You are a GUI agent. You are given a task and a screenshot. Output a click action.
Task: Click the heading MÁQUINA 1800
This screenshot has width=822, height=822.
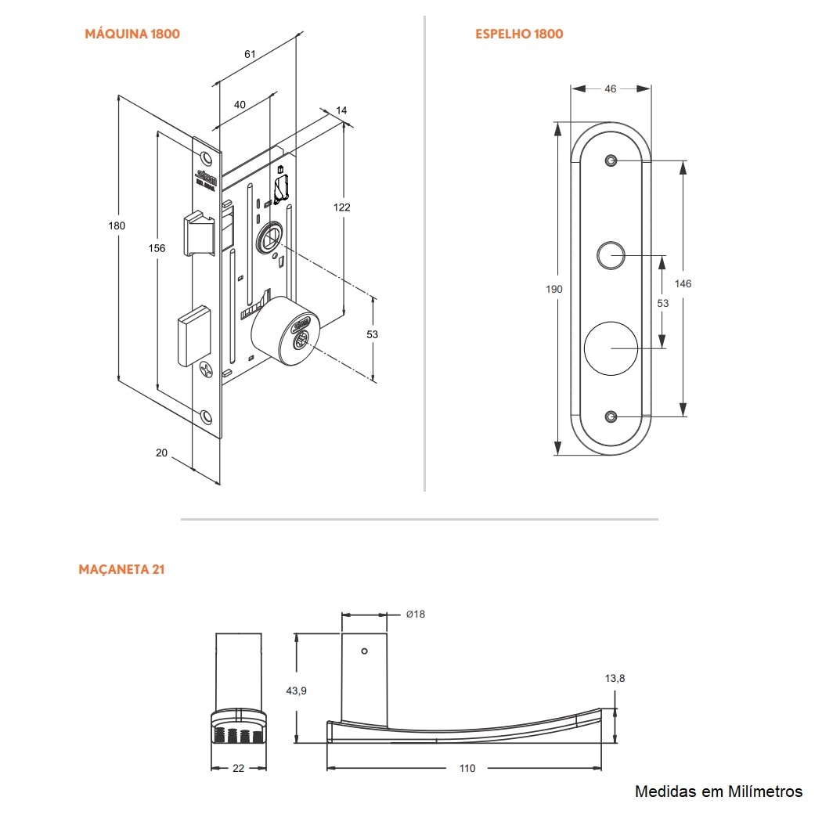132,34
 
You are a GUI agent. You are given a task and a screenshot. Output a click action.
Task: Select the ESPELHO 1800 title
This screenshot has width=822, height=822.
519,34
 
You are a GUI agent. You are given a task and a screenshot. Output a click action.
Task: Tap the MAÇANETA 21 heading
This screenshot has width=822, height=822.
121,569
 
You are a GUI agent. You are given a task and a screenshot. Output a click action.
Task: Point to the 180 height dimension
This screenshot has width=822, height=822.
117,225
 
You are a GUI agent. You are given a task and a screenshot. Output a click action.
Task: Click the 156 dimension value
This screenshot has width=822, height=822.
157,248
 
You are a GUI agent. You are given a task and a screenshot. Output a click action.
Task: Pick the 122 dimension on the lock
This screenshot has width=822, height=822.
341,207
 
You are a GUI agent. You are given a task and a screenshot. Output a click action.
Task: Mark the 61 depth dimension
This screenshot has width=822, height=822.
250,54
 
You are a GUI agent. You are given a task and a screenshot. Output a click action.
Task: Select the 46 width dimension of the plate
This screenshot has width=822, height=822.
611,88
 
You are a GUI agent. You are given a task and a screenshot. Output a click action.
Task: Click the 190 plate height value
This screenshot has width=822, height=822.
554,289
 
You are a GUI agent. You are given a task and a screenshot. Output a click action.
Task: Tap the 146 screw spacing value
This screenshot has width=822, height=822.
683,283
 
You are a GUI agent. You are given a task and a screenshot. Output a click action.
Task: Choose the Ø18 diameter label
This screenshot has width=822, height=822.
415,614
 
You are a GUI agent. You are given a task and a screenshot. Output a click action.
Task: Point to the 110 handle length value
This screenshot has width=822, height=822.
467,768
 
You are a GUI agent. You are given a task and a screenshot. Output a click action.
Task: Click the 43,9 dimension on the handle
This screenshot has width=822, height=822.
297,690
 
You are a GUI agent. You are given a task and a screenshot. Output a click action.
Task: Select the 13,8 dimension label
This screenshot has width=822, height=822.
615,679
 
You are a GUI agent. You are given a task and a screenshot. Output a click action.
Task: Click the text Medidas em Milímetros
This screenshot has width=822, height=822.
719,791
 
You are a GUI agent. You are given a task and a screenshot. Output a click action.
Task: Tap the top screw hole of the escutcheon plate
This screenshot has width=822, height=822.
611,161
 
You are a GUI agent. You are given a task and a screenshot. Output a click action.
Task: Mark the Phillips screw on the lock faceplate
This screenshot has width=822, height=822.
207,368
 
